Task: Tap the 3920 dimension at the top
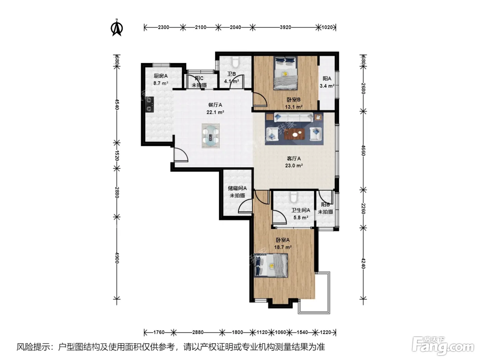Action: tap(285, 27)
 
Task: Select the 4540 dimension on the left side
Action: tap(117, 105)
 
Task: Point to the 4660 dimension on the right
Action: tap(363, 151)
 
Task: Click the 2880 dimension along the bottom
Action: tap(198, 332)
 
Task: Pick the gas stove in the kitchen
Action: tap(149, 105)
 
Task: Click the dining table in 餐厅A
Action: tap(211, 136)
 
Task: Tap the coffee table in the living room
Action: tap(295, 134)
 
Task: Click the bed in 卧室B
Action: tap(286, 73)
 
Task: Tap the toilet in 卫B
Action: tap(235, 62)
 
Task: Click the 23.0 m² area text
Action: tap(294, 166)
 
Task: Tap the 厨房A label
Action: tap(161, 76)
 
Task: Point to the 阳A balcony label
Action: tap(327, 79)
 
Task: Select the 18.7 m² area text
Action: tap(283, 247)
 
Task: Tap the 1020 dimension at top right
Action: tap(327, 27)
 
